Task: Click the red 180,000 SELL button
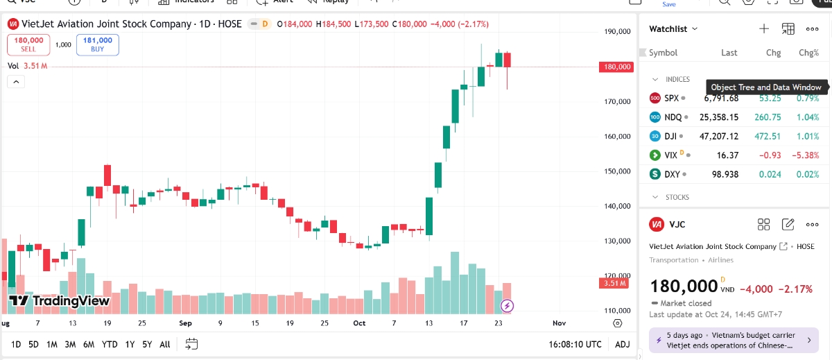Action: tap(28, 44)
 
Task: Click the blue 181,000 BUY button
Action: tap(98, 44)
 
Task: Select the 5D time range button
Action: tap(33, 344)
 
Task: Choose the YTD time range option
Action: tap(109, 344)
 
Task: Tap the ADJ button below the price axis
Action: tap(623, 344)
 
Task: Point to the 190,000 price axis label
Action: tap(617, 31)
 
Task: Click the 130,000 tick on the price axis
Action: tap(617, 241)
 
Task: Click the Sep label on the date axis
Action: tap(185, 323)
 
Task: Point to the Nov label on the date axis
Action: tap(559, 323)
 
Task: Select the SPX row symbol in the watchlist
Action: tap(671, 98)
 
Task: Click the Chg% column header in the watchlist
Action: tap(808, 53)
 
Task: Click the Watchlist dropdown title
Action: tap(673, 28)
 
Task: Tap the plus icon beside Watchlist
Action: tap(763, 28)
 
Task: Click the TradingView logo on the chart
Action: tap(59, 301)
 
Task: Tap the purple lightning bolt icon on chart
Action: tap(508, 305)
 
